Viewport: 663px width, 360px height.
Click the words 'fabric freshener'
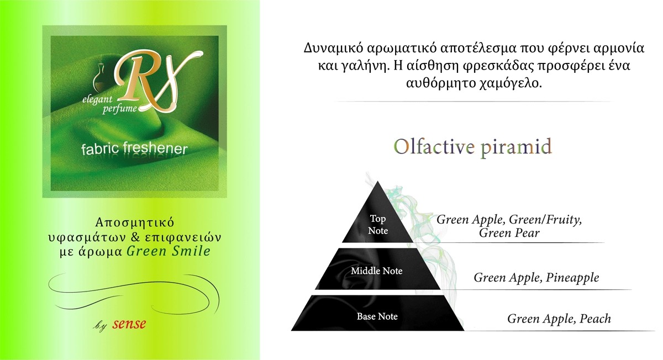134,149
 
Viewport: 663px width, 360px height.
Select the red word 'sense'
129,324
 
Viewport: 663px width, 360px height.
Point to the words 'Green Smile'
169,251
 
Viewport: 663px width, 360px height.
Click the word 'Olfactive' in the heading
434,146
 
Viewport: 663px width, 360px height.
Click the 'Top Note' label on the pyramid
378,225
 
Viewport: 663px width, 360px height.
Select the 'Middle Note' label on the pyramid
377,271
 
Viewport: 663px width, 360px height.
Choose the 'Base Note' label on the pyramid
377,316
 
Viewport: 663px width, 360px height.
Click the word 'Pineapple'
572,278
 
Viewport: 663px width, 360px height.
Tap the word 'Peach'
595,319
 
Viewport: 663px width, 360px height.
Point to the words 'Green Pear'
509,233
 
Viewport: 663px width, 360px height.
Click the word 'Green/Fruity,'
545,220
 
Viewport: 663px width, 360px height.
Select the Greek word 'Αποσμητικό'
135,223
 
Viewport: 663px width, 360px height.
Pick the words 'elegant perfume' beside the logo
109,104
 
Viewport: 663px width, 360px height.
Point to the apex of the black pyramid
378,182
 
